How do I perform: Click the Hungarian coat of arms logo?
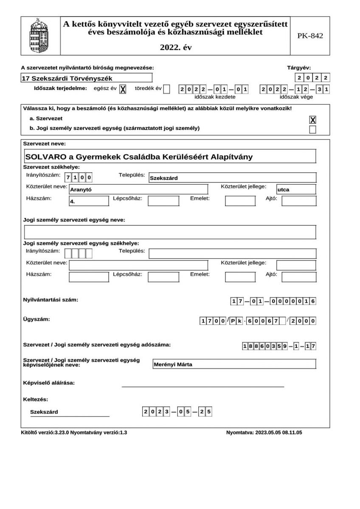[x=40, y=36]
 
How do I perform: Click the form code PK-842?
[x=310, y=36]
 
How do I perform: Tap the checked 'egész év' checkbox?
[x=123, y=89]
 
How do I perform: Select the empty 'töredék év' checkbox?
[x=166, y=89]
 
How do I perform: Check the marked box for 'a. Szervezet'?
[x=312, y=120]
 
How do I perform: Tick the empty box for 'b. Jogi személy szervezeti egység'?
[x=312, y=129]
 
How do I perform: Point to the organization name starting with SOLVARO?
[x=139, y=157]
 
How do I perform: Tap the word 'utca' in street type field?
[x=283, y=190]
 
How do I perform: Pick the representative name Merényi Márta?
[x=172, y=364]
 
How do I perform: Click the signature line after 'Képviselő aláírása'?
[x=202, y=386]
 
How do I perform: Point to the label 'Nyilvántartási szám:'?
[x=51, y=300]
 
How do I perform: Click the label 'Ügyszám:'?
[x=36, y=319]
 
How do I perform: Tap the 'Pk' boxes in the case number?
[x=236, y=321]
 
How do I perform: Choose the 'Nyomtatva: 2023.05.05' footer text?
[x=264, y=433]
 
